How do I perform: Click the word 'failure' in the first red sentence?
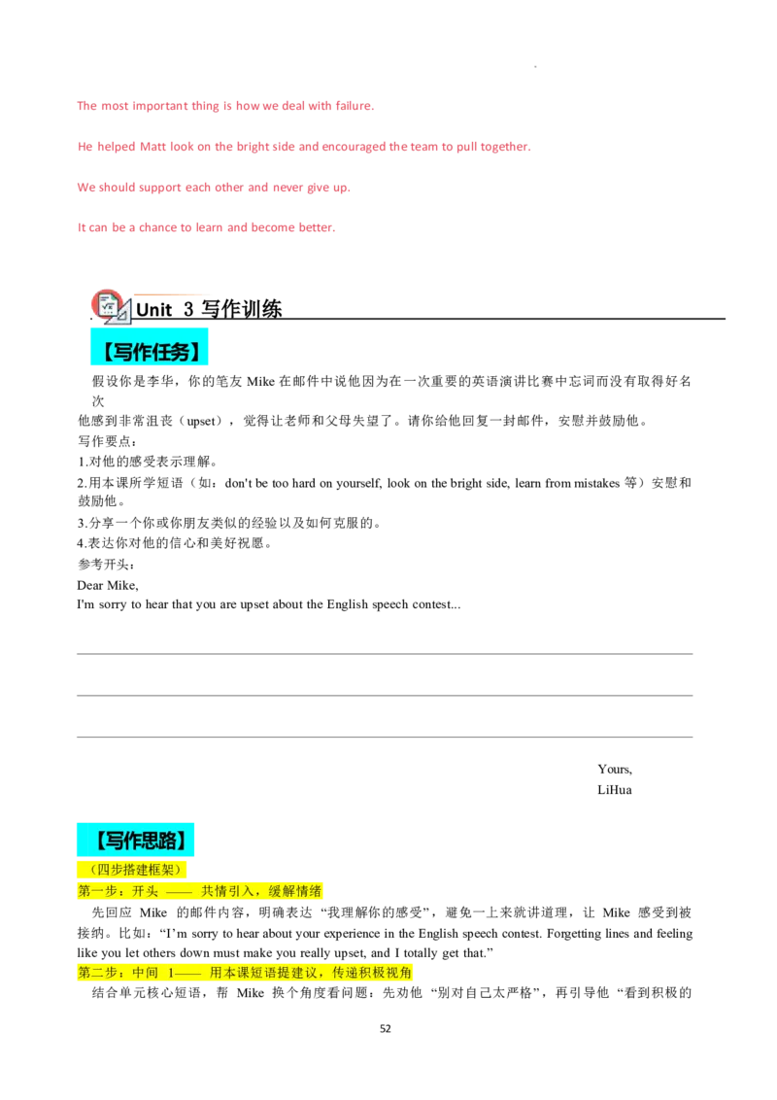[354, 106]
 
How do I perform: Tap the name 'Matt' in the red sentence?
[152, 147]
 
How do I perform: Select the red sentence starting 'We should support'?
[214, 188]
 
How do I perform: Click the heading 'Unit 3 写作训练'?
[209, 309]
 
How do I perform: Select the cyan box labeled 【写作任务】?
[150, 347]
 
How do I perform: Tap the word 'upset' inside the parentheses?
[200, 421]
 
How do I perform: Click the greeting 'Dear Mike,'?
[108, 585]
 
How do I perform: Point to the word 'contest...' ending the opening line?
[436, 604]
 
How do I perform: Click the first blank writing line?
[385, 654]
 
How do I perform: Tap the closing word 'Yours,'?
[615, 769]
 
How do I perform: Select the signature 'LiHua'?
[615, 790]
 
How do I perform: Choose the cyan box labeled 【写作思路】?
[135, 840]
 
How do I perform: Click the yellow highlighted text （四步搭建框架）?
[131, 870]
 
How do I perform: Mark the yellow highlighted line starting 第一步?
[200, 891]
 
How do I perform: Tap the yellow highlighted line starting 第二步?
[245, 973]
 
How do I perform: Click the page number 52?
[385, 1028]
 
